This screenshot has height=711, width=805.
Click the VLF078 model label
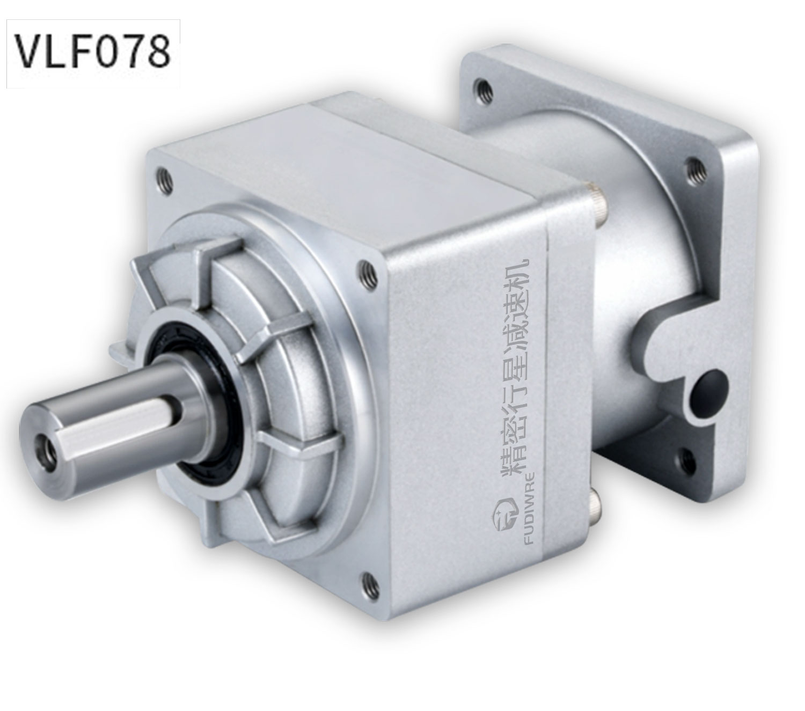[92, 52]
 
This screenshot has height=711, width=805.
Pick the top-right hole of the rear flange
[694, 167]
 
